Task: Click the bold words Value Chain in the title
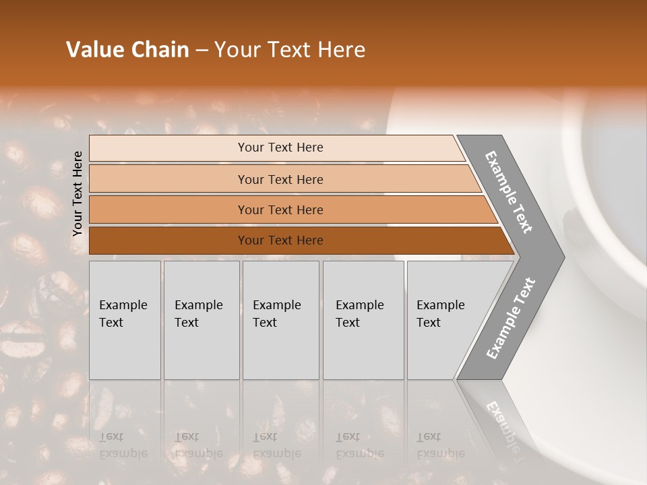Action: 127,50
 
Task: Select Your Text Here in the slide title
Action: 290,50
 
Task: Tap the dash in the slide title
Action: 202,51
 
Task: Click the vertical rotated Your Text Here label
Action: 78,193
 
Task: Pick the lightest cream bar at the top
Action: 280,148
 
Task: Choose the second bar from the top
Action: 280,179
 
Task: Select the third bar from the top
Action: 280,209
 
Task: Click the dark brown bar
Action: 280,240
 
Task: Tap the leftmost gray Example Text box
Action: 125,320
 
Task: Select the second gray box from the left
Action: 202,320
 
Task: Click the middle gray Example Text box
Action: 280,320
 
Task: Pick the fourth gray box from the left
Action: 363,320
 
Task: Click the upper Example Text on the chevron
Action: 509,192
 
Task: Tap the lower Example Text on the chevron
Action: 511,318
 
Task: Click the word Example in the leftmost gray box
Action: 123,305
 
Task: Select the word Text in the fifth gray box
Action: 428,323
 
